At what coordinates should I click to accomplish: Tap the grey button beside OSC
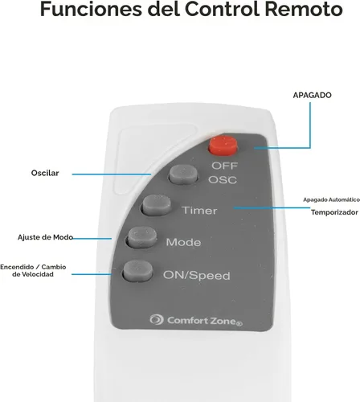[184, 174]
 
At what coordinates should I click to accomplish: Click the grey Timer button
[156, 205]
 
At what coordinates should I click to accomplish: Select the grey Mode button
[142, 237]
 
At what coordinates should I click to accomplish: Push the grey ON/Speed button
[138, 271]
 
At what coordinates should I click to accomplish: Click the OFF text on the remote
[225, 166]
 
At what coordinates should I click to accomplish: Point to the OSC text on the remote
[223, 180]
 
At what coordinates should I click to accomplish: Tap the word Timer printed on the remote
[199, 211]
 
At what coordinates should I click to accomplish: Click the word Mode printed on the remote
[183, 242]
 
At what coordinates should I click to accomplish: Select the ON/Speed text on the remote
[197, 276]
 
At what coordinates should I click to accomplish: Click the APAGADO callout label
[312, 95]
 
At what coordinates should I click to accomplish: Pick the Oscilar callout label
[45, 173]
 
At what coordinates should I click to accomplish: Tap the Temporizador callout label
[334, 212]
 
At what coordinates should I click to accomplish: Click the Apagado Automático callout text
[332, 199]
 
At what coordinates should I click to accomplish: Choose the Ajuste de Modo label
[45, 237]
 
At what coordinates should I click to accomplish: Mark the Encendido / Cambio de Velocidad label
[33, 271]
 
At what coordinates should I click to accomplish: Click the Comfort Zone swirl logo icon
[157, 319]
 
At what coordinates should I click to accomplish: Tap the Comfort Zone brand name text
[205, 321]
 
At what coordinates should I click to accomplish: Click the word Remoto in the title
[304, 9]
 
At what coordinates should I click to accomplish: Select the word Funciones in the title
[91, 9]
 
